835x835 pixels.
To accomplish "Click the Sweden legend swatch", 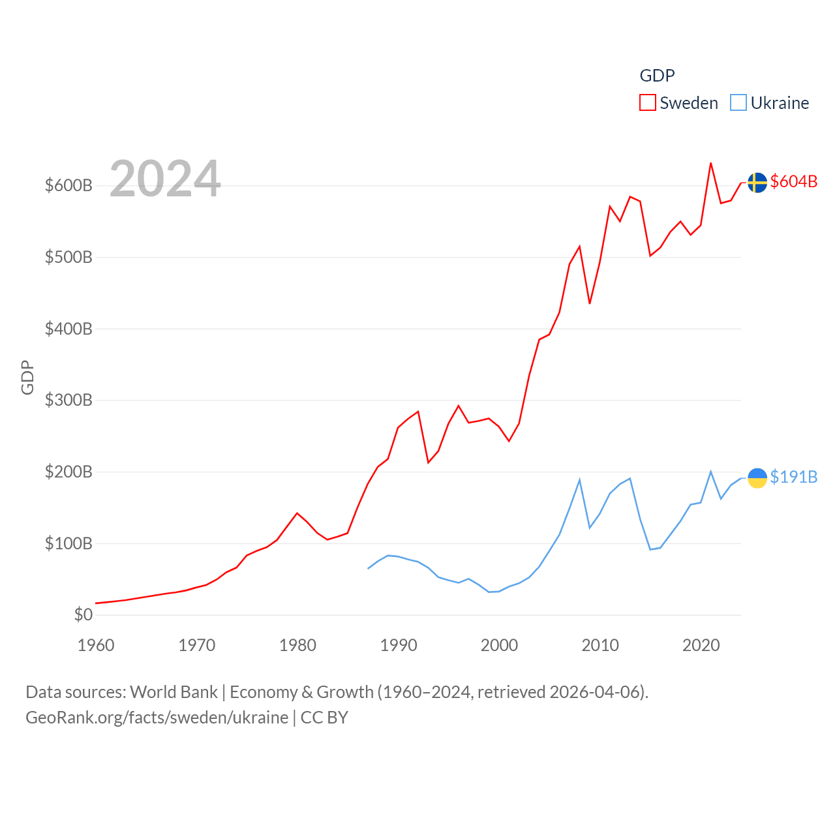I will pyautogui.click(x=647, y=103).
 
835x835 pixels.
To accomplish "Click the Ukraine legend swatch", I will pyautogui.click(x=738, y=103).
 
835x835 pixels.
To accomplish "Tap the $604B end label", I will pyautogui.click(x=793, y=181).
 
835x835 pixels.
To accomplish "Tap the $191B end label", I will pyautogui.click(x=793, y=477).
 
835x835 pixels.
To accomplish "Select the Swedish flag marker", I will pyautogui.click(x=757, y=183).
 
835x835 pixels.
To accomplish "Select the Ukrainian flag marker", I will pyautogui.click(x=757, y=478).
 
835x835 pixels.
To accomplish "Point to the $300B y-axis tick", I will pyautogui.click(x=68, y=400).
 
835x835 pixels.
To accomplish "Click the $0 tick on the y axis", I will pyautogui.click(x=83, y=615).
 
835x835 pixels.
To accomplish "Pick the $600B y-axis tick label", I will pyautogui.click(x=68, y=185).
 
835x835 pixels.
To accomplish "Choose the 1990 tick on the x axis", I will pyautogui.click(x=398, y=645).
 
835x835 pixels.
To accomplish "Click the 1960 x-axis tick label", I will pyautogui.click(x=96, y=645).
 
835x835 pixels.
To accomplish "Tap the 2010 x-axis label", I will pyautogui.click(x=600, y=645).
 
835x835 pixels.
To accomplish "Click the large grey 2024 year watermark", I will pyautogui.click(x=165, y=179).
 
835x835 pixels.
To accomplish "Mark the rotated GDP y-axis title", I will pyautogui.click(x=27, y=377).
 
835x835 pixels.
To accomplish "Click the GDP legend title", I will pyautogui.click(x=657, y=76).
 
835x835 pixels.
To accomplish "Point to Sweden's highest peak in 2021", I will pyautogui.click(x=710, y=163).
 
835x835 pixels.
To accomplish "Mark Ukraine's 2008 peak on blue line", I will pyautogui.click(x=579, y=480).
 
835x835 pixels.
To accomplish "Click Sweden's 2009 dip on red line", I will pyautogui.click(x=590, y=303).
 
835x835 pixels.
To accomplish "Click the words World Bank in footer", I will pyautogui.click(x=174, y=691).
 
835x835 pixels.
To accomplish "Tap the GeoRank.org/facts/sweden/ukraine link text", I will pyautogui.click(x=157, y=718).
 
